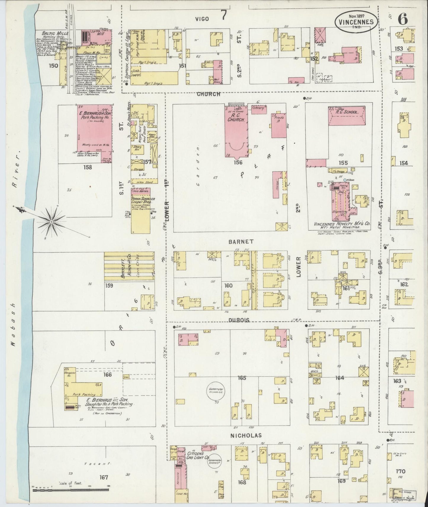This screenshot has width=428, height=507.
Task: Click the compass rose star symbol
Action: (x=52, y=222)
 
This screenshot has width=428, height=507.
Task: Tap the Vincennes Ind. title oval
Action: (x=356, y=22)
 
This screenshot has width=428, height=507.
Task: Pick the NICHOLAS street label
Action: (x=250, y=435)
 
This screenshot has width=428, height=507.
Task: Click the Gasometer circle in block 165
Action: (x=215, y=392)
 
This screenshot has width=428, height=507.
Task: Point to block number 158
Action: (x=88, y=167)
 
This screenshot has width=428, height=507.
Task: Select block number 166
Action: (x=107, y=375)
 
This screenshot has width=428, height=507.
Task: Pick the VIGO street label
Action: (x=202, y=19)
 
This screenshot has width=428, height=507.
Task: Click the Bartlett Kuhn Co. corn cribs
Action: (x=129, y=266)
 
